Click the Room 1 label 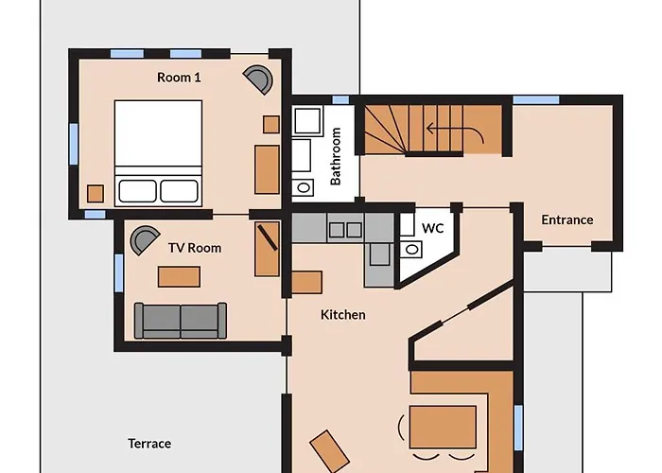pyautogui.click(x=179, y=78)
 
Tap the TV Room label pyautogui.click(x=195, y=248)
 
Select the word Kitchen pyautogui.click(x=343, y=314)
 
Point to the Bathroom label pyautogui.click(x=336, y=156)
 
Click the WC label pyautogui.click(x=432, y=228)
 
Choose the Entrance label pyautogui.click(x=567, y=219)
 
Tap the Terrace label pyautogui.click(x=149, y=443)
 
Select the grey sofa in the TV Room pyautogui.click(x=180, y=320)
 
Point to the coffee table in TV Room pyautogui.click(x=179, y=276)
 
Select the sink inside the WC pyautogui.click(x=410, y=250)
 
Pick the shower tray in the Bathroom pyautogui.click(x=307, y=121)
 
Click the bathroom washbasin pyautogui.click(x=304, y=186)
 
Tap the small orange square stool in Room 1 pyautogui.click(x=96, y=193)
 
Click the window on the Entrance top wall pyautogui.click(x=535, y=99)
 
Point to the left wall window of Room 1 pyautogui.click(x=74, y=142)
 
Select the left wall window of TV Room pyautogui.click(x=119, y=272)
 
